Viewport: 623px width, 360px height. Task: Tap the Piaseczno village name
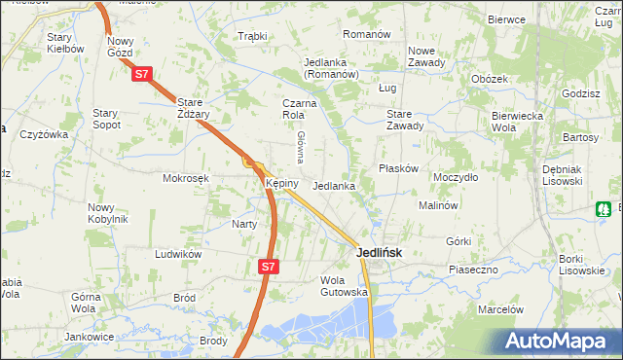pyautogui.click(x=473, y=269)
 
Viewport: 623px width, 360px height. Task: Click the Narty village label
pyautogui.click(x=243, y=224)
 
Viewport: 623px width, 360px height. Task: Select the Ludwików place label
pyautogui.click(x=178, y=253)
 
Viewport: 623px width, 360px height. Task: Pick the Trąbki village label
pyautogui.click(x=252, y=36)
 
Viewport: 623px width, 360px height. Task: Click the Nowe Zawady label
pyautogui.click(x=426, y=56)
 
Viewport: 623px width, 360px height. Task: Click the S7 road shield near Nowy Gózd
pyautogui.click(x=142, y=73)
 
